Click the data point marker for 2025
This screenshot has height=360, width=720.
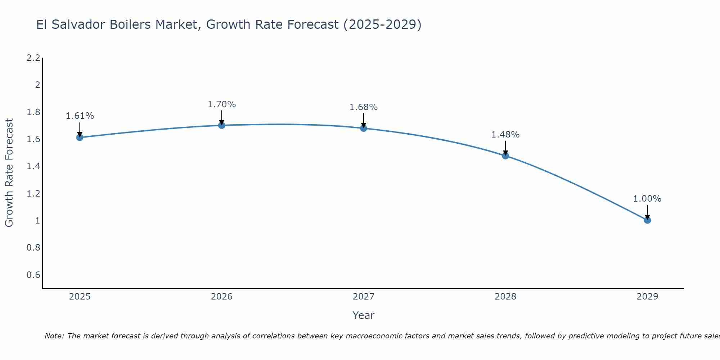pos(80,137)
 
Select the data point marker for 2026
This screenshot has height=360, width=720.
pos(222,125)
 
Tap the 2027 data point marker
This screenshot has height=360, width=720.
pos(364,128)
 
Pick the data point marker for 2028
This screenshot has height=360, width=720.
pos(505,156)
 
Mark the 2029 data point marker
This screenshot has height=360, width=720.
pos(647,220)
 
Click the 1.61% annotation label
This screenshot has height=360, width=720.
pos(80,116)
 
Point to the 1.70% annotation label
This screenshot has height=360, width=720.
pos(222,104)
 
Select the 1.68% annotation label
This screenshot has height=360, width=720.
pos(364,107)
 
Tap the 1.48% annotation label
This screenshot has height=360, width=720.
pos(505,135)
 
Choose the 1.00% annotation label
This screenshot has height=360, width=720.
pos(647,199)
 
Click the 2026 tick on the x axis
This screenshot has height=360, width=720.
pos(222,297)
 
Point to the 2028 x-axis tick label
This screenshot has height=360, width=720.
pos(505,297)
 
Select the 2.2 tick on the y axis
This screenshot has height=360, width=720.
pos(33,58)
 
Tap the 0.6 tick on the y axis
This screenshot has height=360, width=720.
pos(33,275)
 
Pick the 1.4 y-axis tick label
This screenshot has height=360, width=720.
pos(33,166)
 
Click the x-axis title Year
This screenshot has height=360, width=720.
pos(364,315)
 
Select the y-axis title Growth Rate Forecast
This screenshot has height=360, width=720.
pos(9,173)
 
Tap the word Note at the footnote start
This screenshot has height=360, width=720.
pos(54,336)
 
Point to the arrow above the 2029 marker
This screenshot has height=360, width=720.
pos(647,212)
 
